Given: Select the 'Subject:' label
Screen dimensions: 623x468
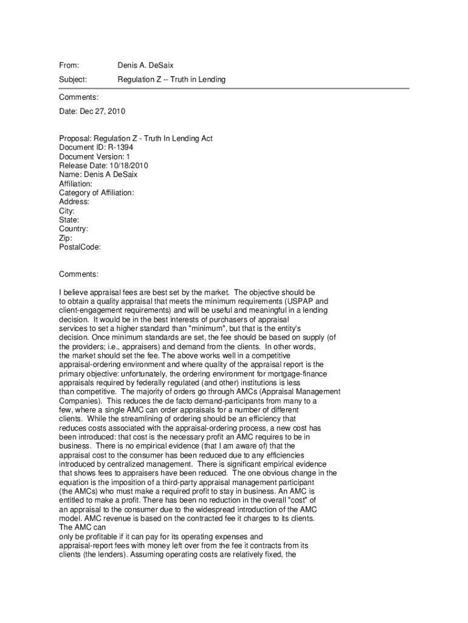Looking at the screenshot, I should click(73, 80).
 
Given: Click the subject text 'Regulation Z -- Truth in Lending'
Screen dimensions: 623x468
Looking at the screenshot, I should click(171, 80).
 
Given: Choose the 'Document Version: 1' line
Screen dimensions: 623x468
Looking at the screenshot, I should click(94, 156).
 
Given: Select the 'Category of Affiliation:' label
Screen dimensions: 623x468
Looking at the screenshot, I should click(97, 193).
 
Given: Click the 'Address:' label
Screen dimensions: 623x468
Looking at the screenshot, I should click(74, 201).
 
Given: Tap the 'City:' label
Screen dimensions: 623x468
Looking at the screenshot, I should click(67, 211).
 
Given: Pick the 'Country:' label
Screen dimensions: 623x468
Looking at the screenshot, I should click(74, 229).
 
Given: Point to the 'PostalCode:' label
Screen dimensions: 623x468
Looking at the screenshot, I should click(80, 247).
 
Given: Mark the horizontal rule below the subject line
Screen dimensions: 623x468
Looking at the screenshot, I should click(234, 89).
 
